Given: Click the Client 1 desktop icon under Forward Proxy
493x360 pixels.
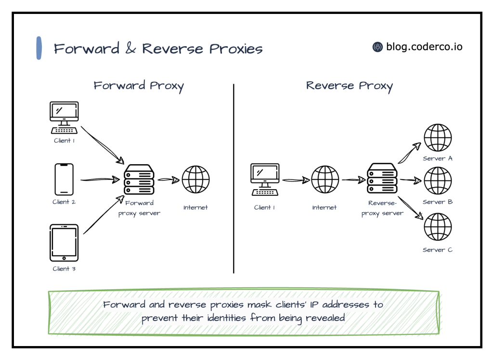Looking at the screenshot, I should [64, 117].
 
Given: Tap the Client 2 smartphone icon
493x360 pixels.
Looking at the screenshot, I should [64, 179].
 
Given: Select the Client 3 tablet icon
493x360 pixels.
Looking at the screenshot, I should [64, 243].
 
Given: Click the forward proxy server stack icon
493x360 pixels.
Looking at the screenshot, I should [139, 180].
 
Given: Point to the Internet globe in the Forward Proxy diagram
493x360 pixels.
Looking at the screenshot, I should [195, 180].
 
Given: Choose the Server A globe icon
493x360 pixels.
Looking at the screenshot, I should [438, 138].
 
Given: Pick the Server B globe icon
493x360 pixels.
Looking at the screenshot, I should [438, 180].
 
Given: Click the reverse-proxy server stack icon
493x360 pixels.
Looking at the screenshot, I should [382, 178].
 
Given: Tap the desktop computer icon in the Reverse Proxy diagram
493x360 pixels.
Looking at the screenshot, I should [265, 180].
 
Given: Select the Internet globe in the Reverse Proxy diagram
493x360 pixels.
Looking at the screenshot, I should [324, 180].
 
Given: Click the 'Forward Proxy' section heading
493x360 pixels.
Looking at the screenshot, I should [139, 86].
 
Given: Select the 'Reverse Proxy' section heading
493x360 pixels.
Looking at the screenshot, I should [350, 86].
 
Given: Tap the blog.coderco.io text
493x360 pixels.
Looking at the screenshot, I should [424, 47].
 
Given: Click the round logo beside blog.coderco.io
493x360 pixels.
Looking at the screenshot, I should [377, 47].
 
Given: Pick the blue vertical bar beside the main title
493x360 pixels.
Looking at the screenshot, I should [39, 48].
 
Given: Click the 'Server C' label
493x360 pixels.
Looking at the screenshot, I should [438, 250].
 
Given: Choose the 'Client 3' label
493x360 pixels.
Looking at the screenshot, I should [64, 269].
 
